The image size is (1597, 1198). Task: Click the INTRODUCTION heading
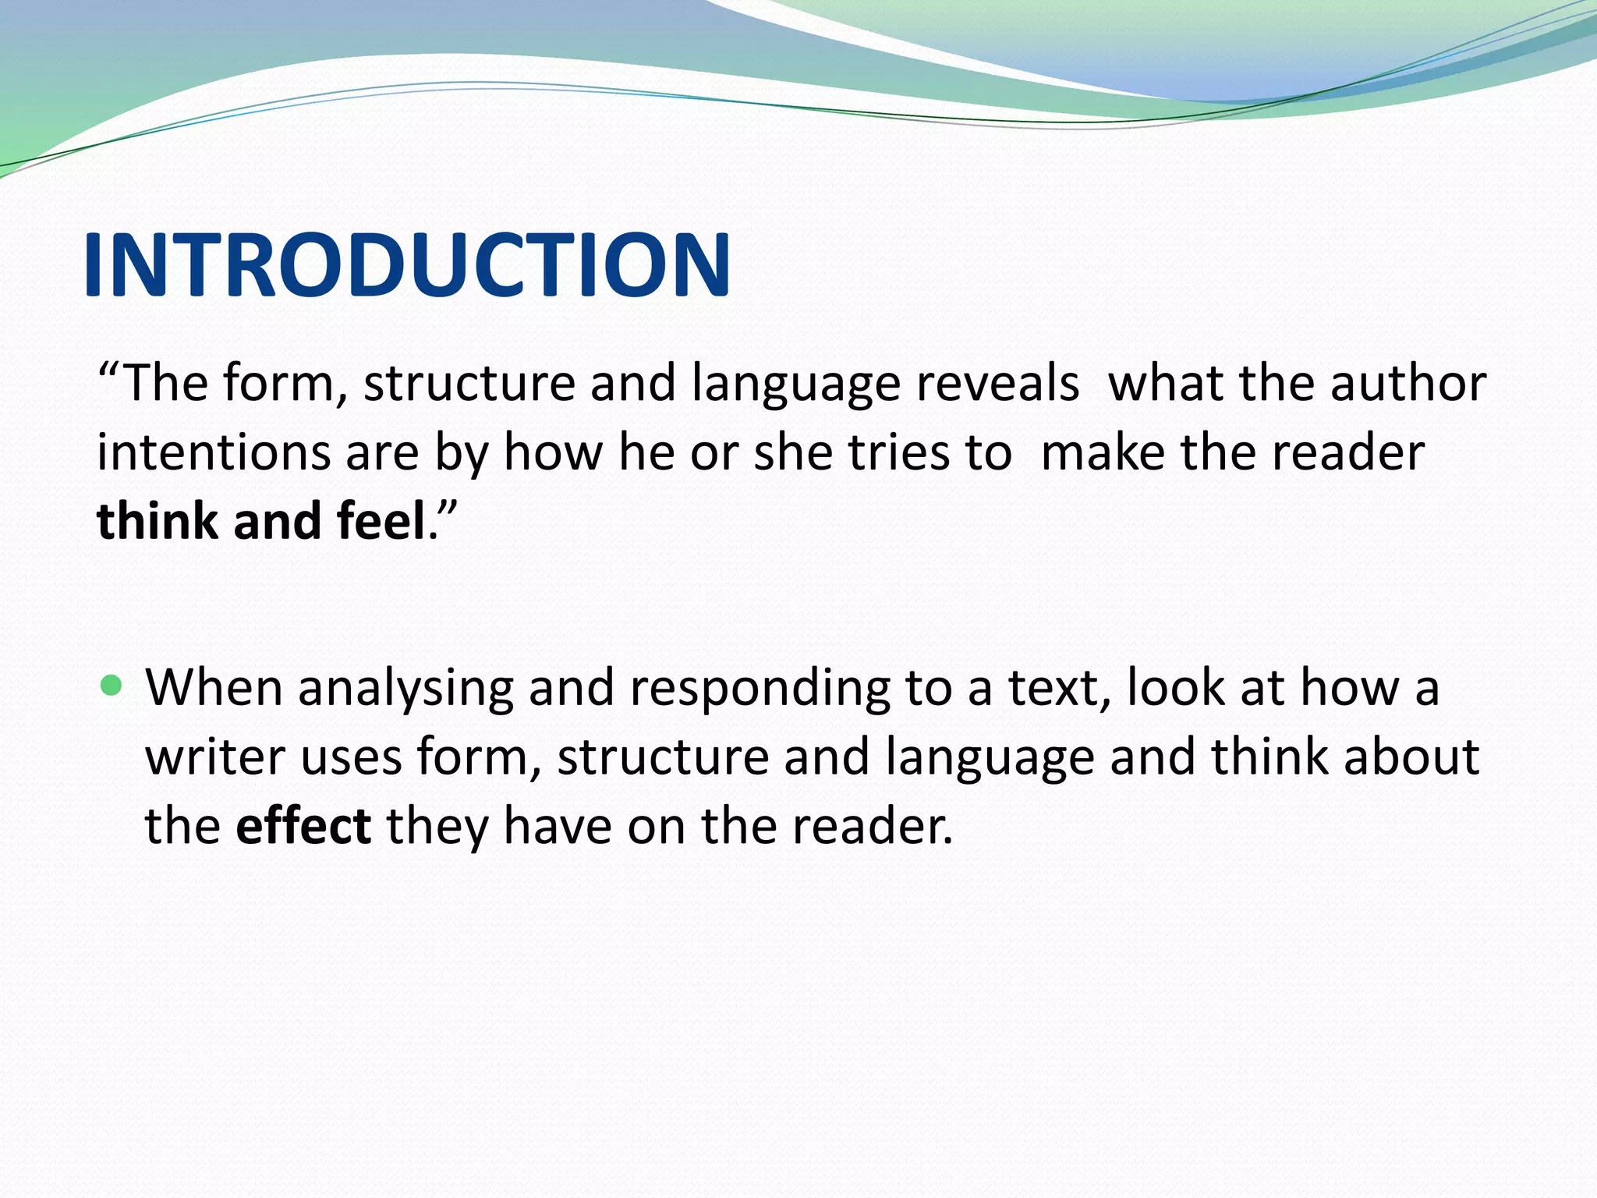pos(406,266)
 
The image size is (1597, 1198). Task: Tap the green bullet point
pos(112,686)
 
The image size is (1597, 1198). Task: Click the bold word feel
pos(380,521)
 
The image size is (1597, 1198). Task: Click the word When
pos(214,688)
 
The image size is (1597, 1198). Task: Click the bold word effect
pos(303,825)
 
